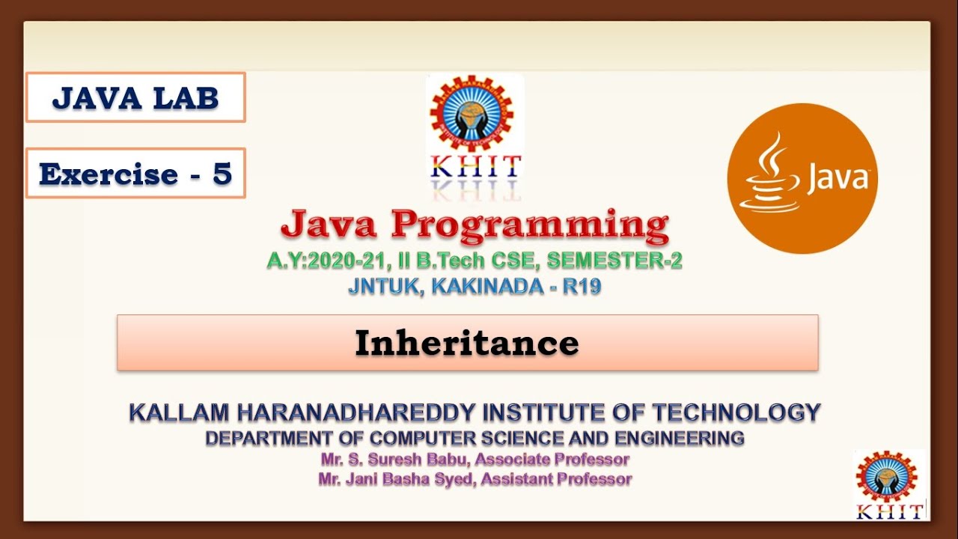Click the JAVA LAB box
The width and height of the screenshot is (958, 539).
pyautogui.click(x=135, y=97)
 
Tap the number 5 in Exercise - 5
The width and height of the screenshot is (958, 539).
pyautogui.click(x=222, y=174)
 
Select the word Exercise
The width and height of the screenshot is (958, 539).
pyautogui.click(x=108, y=174)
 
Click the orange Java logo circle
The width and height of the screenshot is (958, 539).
pyautogui.click(x=802, y=178)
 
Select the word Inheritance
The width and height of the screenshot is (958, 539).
pyautogui.click(x=466, y=343)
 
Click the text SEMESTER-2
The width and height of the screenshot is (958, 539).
pyautogui.click(x=614, y=261)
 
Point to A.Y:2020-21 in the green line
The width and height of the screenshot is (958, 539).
pyautogui.click(x=324, y=261)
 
